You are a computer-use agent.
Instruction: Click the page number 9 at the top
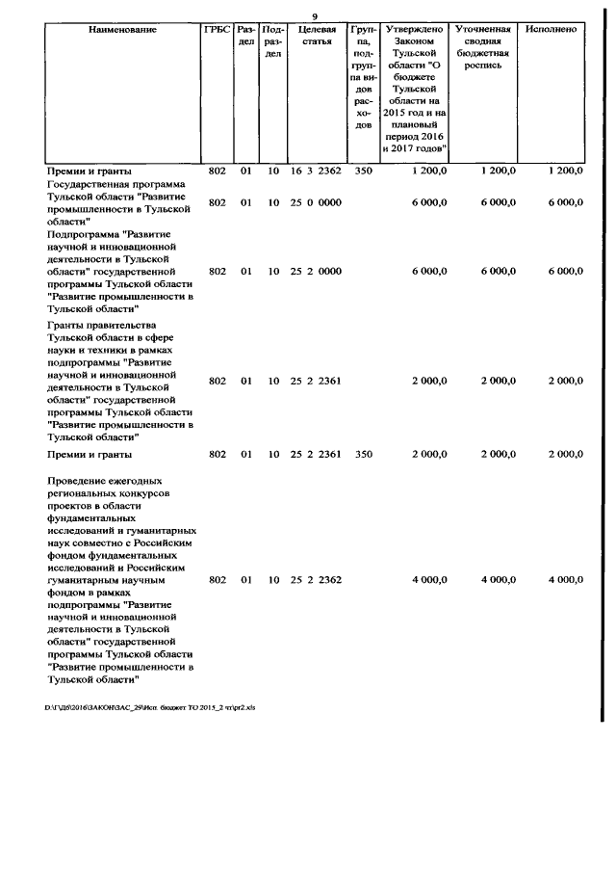[x=315, y=14]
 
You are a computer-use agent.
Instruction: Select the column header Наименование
[x=122, y=30]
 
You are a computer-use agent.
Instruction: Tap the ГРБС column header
[x=217, y=30]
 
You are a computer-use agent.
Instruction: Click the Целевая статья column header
[x=316, y=36]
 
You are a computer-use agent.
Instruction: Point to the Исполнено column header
[x=552, y=30]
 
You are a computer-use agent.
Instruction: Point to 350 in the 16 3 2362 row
[x=363, y=171]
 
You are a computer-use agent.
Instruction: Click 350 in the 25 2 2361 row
[x=363, y=453]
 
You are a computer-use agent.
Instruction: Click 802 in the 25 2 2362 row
[x=217, y=580]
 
